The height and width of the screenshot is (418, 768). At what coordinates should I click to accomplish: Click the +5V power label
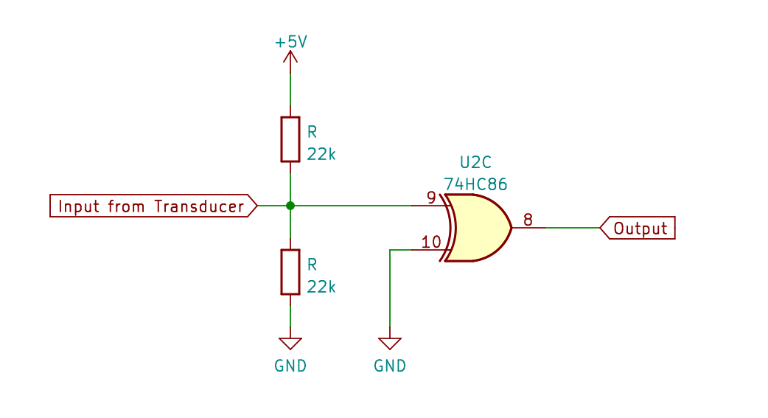click(290, 42)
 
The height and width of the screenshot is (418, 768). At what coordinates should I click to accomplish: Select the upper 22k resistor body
click(290, 139)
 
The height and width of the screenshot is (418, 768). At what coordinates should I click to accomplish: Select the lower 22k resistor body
click(290, 272)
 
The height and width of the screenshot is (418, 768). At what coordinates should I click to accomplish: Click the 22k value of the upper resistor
click(321, 154)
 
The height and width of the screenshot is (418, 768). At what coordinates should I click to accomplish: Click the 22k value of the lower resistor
click(321, 287)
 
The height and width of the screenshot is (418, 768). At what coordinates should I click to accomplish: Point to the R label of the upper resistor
click(312, 133)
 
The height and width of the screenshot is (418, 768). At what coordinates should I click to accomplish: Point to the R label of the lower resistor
click(312, 265)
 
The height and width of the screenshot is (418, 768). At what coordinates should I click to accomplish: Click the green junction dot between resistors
click(290, 206)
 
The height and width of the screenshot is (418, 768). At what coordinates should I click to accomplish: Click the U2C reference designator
click(475, 162)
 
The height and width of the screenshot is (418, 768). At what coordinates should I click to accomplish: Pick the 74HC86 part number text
click(475, 184)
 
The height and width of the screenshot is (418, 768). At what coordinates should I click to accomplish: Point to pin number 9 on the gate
click(431, 198)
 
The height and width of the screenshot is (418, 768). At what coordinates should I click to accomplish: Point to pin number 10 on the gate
click(430, 242)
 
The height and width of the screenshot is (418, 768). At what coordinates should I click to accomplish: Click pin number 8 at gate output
click(528, 220)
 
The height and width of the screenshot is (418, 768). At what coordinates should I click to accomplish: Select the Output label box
click(638, 229)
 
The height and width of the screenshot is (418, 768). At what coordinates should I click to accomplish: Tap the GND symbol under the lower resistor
click(290, 343)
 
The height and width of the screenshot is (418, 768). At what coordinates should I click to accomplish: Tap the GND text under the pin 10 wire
click(390, 366)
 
